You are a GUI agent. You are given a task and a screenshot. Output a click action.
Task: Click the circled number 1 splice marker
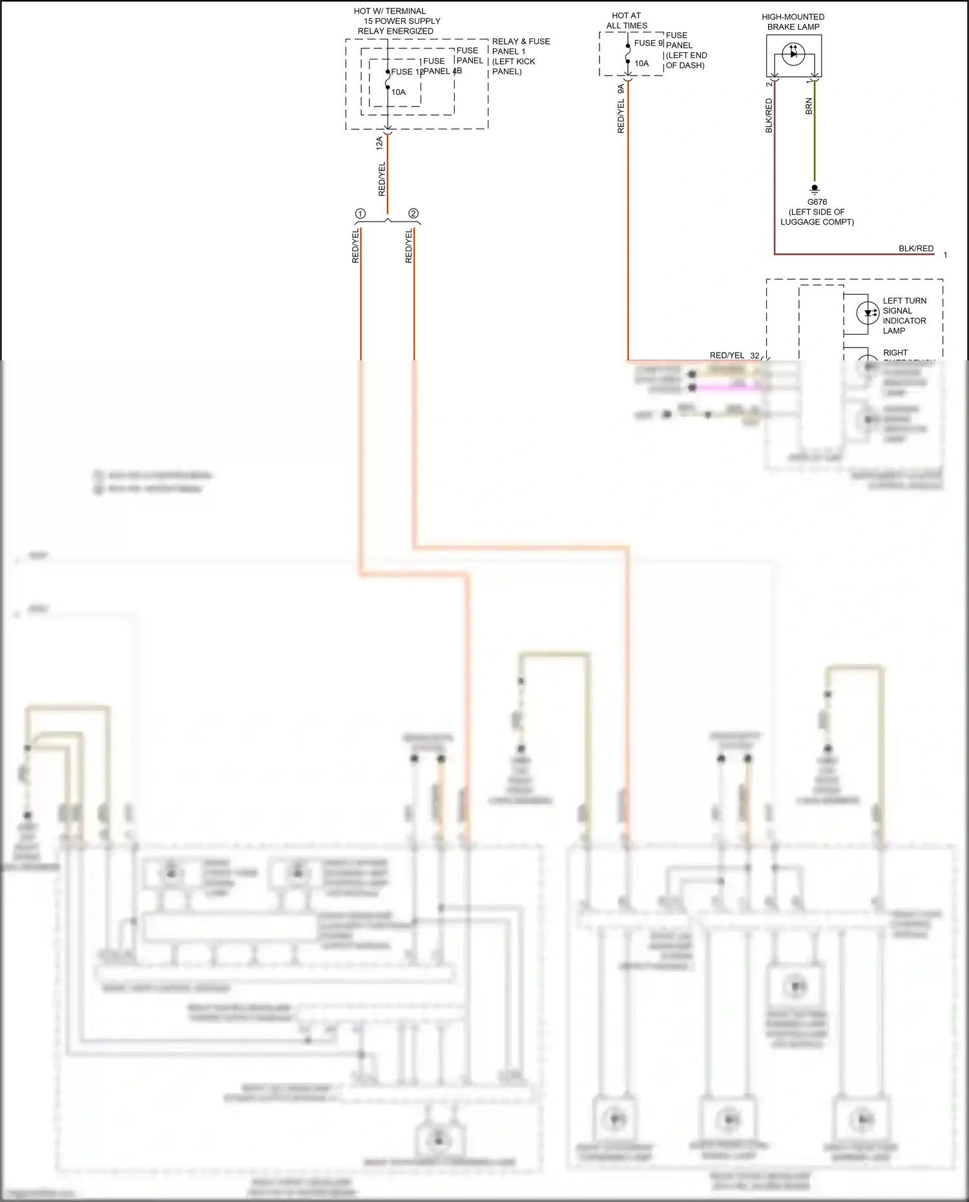360,214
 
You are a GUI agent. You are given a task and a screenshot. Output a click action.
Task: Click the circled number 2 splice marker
413,214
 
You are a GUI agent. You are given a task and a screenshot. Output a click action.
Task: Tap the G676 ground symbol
814,190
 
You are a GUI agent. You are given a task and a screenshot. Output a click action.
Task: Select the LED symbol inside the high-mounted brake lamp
793,54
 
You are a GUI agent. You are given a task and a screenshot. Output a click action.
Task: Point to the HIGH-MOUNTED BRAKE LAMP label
793,22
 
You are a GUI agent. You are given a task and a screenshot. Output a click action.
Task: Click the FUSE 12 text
406,72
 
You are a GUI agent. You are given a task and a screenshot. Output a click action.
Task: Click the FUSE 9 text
648,43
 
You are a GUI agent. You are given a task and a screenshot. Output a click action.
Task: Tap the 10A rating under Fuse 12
399,92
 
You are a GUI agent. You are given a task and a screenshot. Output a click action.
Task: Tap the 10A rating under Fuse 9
641,64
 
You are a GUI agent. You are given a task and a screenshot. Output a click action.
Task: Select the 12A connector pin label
380,143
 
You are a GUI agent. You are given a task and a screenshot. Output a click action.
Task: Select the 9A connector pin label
621,89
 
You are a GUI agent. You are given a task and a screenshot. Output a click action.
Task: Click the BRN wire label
809,107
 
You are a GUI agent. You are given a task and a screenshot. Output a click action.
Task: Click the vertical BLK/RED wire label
769,116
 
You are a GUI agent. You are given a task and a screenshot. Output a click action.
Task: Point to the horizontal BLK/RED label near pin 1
915,249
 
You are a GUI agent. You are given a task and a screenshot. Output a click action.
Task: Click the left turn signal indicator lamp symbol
867,313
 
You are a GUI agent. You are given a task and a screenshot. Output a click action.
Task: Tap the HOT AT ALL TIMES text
627,21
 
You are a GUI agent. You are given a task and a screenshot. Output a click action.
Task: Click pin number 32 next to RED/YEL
755,356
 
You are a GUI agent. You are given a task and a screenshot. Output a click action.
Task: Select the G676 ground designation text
817,202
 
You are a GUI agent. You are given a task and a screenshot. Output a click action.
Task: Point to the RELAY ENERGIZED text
395,31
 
